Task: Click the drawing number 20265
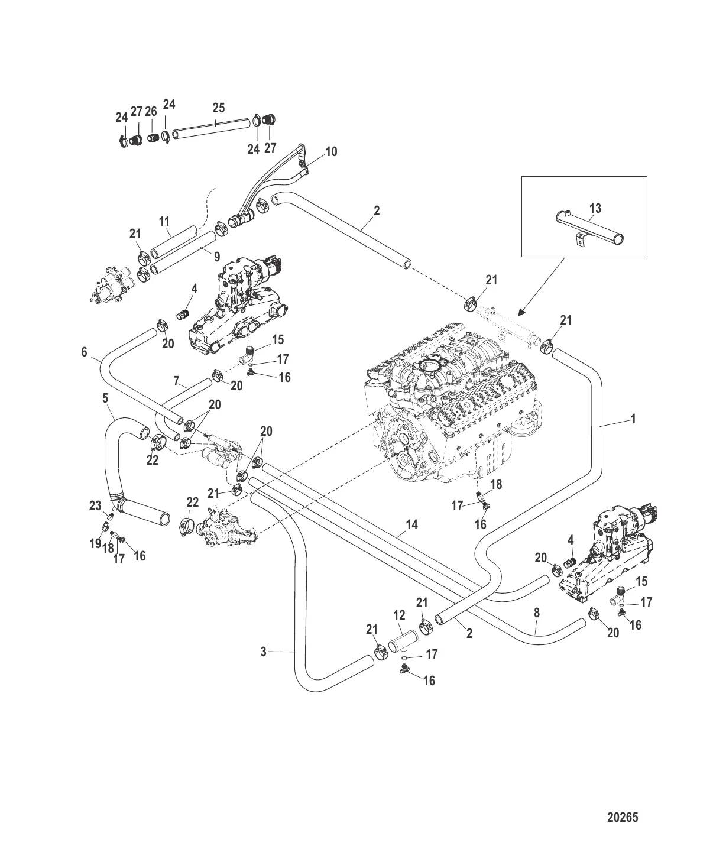[623, 818]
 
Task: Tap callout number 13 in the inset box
[595, 208]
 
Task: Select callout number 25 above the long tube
[219, 108]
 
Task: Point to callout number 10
[331, 152]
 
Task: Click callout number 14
[412, 524]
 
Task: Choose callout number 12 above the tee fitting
[399, 616]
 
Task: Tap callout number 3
[264, 652]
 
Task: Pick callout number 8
[537, 613]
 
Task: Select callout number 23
[95, 505]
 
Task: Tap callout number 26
[151, 111]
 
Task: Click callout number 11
[164, 222]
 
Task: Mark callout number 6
[85, 352]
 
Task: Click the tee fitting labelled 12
[403, 640]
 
